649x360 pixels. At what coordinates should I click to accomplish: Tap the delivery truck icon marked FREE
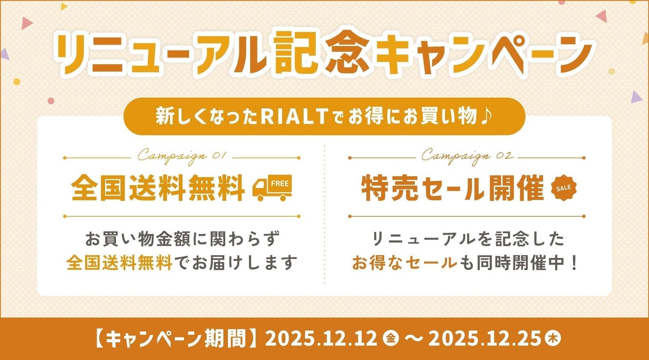(x=272, y=188)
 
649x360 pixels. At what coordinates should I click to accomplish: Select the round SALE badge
(x=563, y=188)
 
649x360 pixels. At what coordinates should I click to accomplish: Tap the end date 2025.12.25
(x=484, y=338)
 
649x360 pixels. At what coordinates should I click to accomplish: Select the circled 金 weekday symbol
(x=391, y=338)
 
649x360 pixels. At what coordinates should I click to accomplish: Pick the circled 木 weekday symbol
(x=552, y=338)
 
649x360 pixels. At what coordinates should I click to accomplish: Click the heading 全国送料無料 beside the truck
(x=158, y=188)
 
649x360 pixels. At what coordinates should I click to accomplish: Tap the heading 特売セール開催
(x=452, y=188)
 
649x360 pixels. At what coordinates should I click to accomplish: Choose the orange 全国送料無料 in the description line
(x=120, y=263)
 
